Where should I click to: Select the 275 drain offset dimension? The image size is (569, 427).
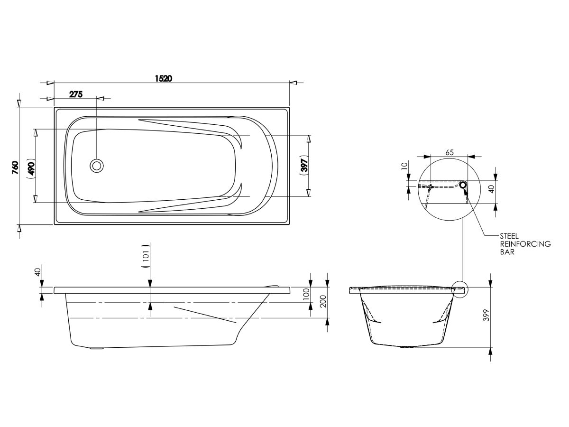pyautogui.click(x=76, y=94)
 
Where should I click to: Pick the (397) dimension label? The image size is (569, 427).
pyautogui.click(x=304, y=165)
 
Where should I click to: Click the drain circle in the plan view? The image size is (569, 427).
pyautogui.click(x=97, y=166)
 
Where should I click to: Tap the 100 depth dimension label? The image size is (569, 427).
pyautogui.click(x=306, y=294)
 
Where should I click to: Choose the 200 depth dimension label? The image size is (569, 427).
pyautogui.click(x=322, y=300)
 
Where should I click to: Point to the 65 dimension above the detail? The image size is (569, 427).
pyautogui.click(x=450, y=152)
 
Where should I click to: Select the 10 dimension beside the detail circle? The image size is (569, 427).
pyautogui.click(x=404, y=166)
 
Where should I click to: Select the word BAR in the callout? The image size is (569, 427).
pyautogui.click(x=507, y=252)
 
